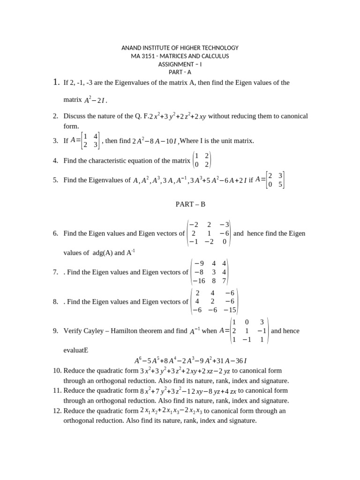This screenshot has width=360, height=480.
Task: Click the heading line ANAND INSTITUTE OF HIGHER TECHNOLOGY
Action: [x=180, y=48]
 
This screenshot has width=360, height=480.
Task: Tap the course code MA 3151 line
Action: [x=180, y=56]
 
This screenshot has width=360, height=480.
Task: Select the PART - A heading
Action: [x=180, y=72]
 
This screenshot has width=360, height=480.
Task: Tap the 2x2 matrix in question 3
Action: [x=90, y=141]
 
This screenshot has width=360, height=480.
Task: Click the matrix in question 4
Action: [x=202, y=160]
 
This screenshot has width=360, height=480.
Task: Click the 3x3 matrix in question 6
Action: [x=209, y=233]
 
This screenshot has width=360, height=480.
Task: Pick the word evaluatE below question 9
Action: [x=76, y=350]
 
